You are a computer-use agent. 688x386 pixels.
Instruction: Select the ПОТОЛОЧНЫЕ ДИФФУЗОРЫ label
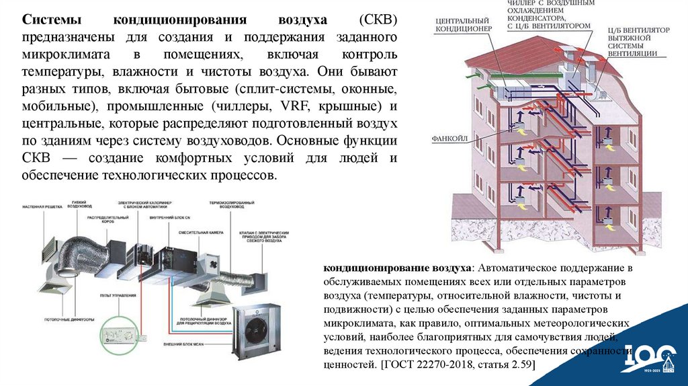click(75, 318)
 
